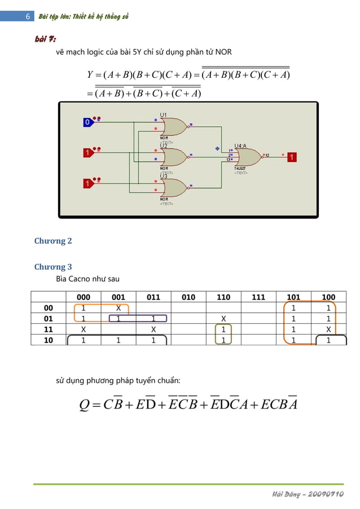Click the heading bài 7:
[45, 39]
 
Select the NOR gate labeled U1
[172, 128]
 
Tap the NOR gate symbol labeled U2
[172, 157]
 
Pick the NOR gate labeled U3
[172, 188]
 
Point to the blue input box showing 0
[87, 122]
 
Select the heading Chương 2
[53, 241]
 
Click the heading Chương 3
[53, 266]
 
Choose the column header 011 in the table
[153, 297]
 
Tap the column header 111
[258, 297]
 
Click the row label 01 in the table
[49, 319]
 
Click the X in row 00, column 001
[118, 308]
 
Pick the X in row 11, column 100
[328, 330]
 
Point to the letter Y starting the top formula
[90, 74]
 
